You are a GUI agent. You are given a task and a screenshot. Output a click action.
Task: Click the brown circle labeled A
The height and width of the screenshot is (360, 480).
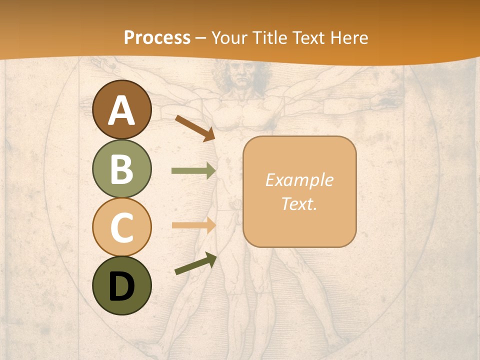(x=122, y=109)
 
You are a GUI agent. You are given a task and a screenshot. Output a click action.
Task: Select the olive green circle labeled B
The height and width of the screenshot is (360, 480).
(x=122, y=168)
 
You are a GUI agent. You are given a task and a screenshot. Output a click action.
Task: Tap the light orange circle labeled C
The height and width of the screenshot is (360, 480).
(x=122, y=227)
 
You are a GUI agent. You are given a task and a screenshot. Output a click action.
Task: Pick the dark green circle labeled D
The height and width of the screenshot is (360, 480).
(x=122, y=285)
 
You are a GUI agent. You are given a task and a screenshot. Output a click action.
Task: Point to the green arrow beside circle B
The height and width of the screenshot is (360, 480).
(x=193, y=171)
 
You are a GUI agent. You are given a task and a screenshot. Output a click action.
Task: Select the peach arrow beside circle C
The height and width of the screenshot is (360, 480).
(x=193, y=225)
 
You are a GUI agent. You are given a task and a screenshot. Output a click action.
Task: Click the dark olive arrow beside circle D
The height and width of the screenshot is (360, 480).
(x=195, y=264)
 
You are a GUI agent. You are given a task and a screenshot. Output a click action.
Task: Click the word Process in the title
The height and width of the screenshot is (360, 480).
(x=157, y=37)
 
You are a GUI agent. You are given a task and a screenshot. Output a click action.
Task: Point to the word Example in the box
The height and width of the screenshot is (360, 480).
(x=299, y=180)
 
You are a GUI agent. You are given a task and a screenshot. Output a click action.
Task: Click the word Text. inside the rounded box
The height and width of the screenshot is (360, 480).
(x=299, y=203)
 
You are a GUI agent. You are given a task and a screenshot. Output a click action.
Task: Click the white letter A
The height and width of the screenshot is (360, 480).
(x=122, y=110)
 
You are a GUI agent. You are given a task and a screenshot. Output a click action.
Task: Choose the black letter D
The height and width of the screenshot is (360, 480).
(x=122, y=286)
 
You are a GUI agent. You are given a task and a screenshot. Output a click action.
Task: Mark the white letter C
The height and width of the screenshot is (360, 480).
(x=122, y=227)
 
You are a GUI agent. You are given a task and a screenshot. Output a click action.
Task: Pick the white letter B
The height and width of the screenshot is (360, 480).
(x=122, y=169)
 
